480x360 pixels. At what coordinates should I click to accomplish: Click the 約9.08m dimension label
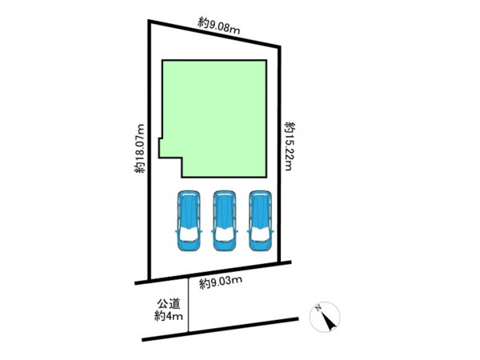pos(218,26)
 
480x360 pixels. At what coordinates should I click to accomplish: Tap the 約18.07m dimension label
pos(139,149)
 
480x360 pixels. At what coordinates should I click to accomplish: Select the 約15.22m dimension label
pos(290,146)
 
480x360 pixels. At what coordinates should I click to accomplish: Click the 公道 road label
pos(168,304)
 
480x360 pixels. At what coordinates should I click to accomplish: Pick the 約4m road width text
pos(168,316)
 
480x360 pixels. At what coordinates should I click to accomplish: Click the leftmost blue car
pos(189,221)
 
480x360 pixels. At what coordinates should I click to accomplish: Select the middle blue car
pos(225,221)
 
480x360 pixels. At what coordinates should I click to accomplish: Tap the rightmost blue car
pos(261,221)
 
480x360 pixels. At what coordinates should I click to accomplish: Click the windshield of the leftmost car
pos(189,234)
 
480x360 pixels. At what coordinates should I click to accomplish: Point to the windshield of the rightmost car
pos(261,234)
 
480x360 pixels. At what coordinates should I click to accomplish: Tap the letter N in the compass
pos(318,308)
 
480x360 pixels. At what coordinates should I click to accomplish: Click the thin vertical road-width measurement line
pos(188,305)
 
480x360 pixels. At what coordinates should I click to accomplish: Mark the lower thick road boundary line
pos(220,330)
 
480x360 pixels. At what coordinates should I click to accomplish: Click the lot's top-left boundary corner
pos(149,21)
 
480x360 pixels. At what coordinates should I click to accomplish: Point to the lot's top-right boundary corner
pos(279,47)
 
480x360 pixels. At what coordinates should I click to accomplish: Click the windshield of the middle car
pos(225,234)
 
